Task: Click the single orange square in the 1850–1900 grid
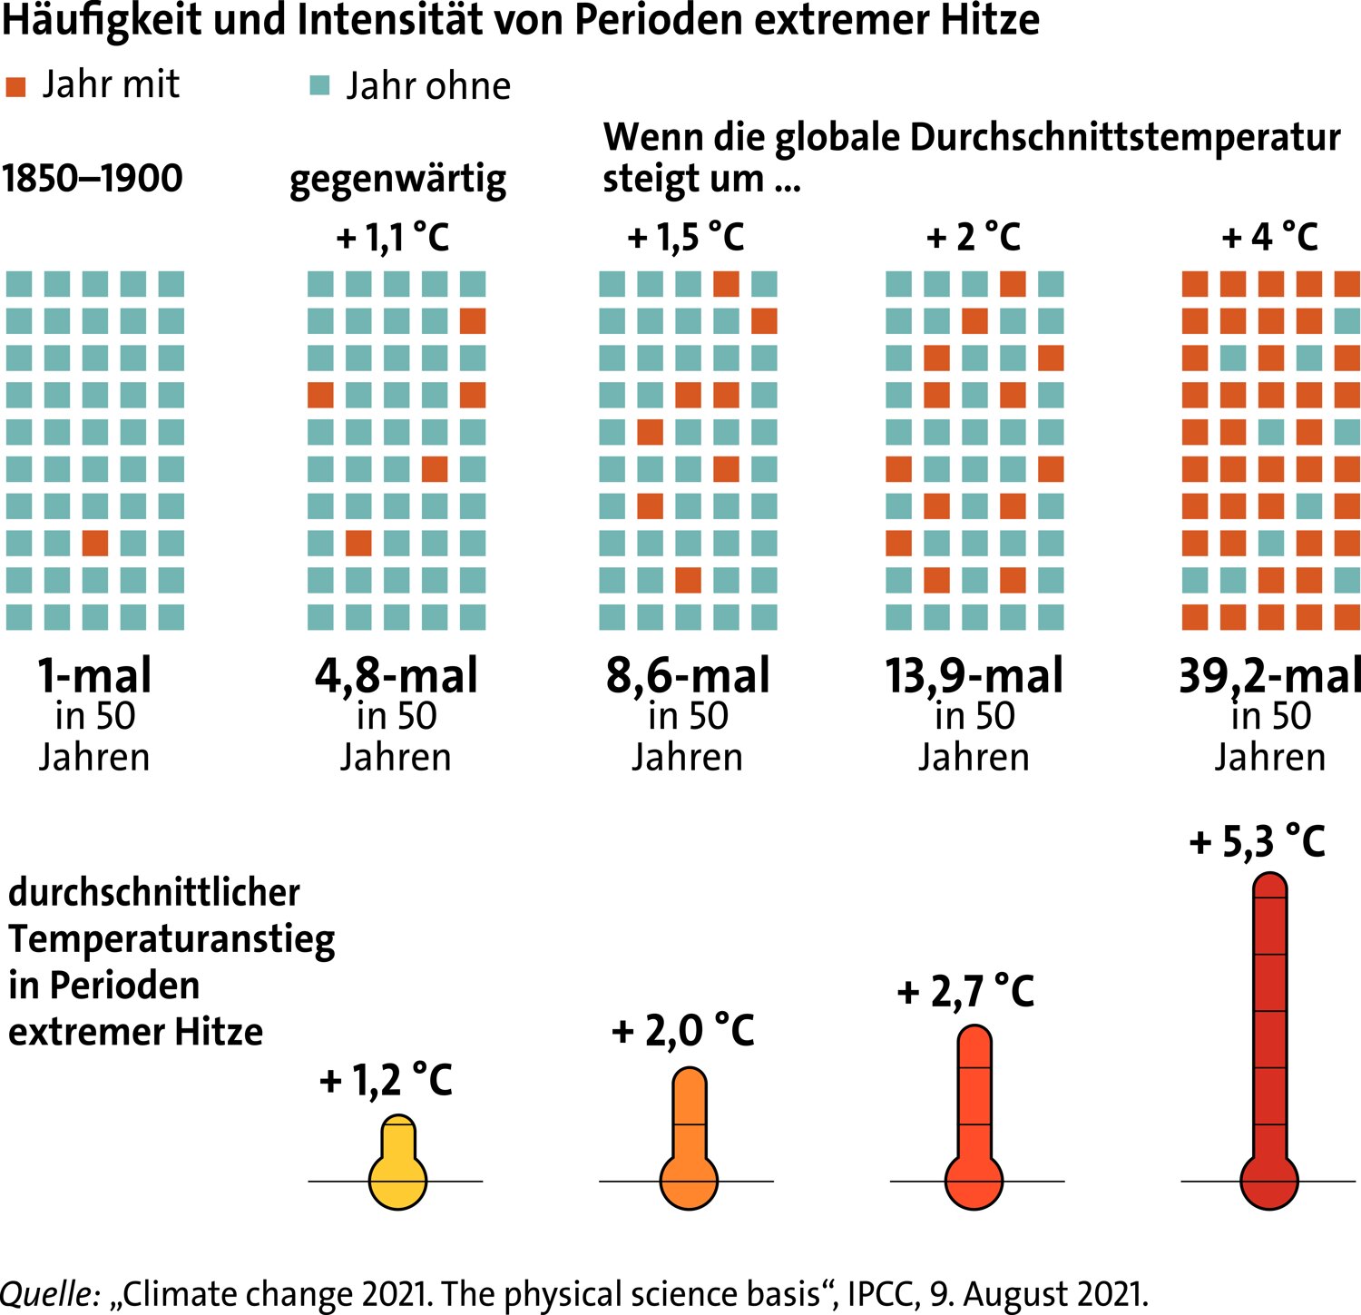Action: click(95, 543)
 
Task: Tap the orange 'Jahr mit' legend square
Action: click(15, 87)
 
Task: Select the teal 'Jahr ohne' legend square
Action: click(319, 86)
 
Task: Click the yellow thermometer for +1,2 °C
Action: click(397, 1166)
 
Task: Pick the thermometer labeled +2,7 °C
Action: click(974, 1121)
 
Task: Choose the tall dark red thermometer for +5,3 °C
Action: click(1269, 1044)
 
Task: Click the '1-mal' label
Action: click(94, 676)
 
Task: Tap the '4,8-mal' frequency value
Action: click(397, 676)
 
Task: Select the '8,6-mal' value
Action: click(688, 676)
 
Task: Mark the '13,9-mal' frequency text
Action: click(974, 676)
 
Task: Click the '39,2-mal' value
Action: click(1269, 676)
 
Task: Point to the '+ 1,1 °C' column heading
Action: click(393, 238)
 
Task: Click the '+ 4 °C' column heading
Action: click(1269, 238)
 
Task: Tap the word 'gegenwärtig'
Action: click(397, 180)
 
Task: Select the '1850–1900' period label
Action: click(93, 178)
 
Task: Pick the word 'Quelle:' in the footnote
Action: click(50, 1293)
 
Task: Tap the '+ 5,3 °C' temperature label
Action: click(1257, 842)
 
